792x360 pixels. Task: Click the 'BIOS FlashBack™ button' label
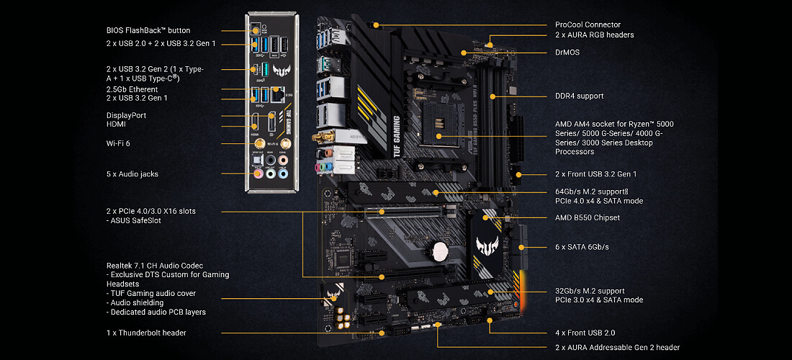point(148,30)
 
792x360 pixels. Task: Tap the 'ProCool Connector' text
point(588,24)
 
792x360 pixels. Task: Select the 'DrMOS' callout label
point(567,53)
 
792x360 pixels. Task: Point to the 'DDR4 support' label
point(579,96)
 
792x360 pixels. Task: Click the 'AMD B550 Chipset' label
point(587,217)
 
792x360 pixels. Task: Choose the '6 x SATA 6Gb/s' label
point(582,247)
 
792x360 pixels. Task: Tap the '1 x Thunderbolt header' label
point(146,333)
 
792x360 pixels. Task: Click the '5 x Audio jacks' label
point(132,174)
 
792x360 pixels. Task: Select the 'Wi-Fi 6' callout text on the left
point(118,143)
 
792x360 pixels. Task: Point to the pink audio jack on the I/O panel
point(257,173)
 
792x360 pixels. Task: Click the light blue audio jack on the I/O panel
point(283,173)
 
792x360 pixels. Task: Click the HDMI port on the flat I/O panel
point(256,124)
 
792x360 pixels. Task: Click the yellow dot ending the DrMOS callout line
point(464,53)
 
